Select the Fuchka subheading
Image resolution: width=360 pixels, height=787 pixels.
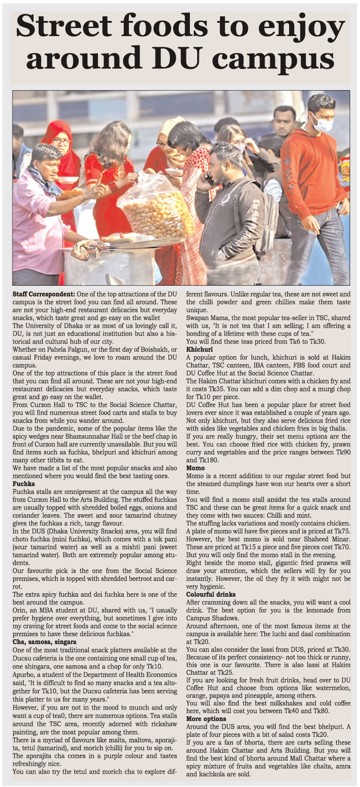(24, 484)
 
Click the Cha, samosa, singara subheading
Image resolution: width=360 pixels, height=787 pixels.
(44, 642)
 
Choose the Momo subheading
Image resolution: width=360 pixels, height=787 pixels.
(195, 468)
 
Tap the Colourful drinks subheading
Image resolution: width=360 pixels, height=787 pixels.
(211, 595)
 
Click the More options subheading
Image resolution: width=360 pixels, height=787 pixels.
(206, 718)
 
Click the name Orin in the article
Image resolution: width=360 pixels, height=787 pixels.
(20, 610)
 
